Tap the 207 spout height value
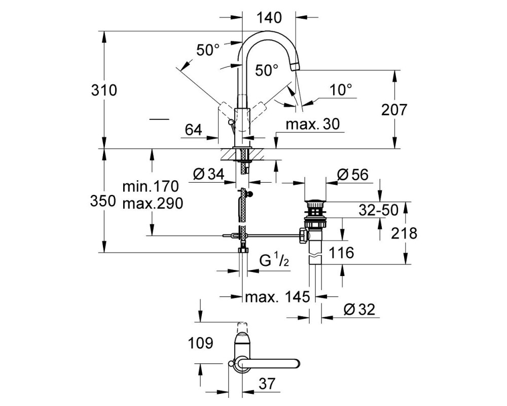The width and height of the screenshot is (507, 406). tap(394, 110)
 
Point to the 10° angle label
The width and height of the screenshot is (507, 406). tap(341, 89)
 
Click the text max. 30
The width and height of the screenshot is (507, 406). tap(313, 124)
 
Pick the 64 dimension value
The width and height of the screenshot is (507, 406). tap(193, 130)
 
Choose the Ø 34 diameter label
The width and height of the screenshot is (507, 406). tap(208, 175)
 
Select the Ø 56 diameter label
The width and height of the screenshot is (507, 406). tap(352, 175)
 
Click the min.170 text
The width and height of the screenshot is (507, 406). tap(151, 186)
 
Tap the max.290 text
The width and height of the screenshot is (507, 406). tap(153, 204)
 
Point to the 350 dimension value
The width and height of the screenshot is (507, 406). tap(103, 201)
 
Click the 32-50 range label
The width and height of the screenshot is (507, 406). tap(379, 210)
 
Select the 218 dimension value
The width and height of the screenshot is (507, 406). tap(404, 233)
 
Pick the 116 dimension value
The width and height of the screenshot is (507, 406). tap(341, 252)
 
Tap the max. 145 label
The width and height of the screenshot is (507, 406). tap(277, 296)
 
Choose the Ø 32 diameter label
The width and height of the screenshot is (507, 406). tap(359, 310)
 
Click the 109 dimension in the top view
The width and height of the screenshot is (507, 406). tap(200, 343)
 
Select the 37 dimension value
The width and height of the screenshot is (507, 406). tap(267, 384)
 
